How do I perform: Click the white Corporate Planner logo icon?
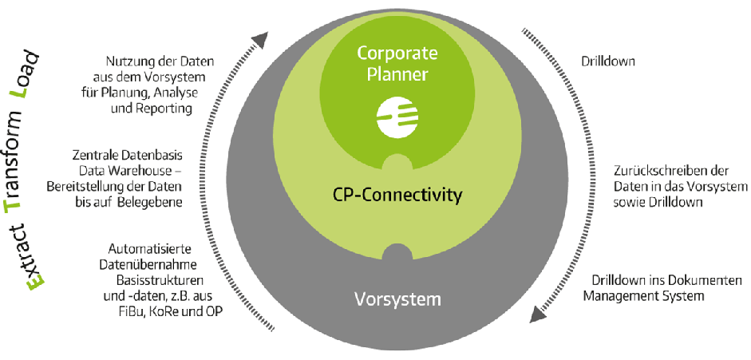(x=397, y=117)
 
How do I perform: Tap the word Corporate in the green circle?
(x=397, y=53)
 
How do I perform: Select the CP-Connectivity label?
(x=397, y=195)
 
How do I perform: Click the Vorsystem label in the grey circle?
(x=397, y=299)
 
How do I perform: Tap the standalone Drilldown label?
(x=608, y=61)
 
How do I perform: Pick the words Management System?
(x=643, y=296)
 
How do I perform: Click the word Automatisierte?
(x=150, y=249)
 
